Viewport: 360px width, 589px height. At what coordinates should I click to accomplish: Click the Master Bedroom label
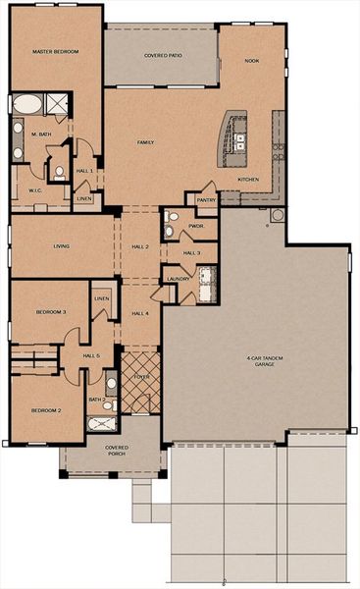point(55,51)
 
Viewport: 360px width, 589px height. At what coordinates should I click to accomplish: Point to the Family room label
point(145,142)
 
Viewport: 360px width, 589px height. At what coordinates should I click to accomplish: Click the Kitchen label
point(248,180)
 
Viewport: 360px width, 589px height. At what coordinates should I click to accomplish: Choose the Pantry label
point(205,199)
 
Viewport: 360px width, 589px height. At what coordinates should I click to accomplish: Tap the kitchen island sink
point(238,140)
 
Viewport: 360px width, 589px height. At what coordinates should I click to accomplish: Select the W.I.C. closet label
point(34,190)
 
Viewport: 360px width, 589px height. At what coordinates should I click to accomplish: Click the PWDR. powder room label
point(196,226)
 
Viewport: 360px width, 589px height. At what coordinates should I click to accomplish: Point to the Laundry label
point(178,279)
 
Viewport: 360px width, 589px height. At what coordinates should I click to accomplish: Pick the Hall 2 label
point(139,246)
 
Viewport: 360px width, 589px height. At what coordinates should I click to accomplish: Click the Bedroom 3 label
point(51,311)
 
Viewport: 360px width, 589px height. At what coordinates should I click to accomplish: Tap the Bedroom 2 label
point(45,409)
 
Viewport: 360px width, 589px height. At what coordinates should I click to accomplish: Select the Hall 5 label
point(92,355)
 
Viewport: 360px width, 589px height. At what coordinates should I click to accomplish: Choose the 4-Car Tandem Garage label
point(265,361)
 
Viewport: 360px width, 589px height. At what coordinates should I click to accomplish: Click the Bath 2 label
point(96,400)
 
